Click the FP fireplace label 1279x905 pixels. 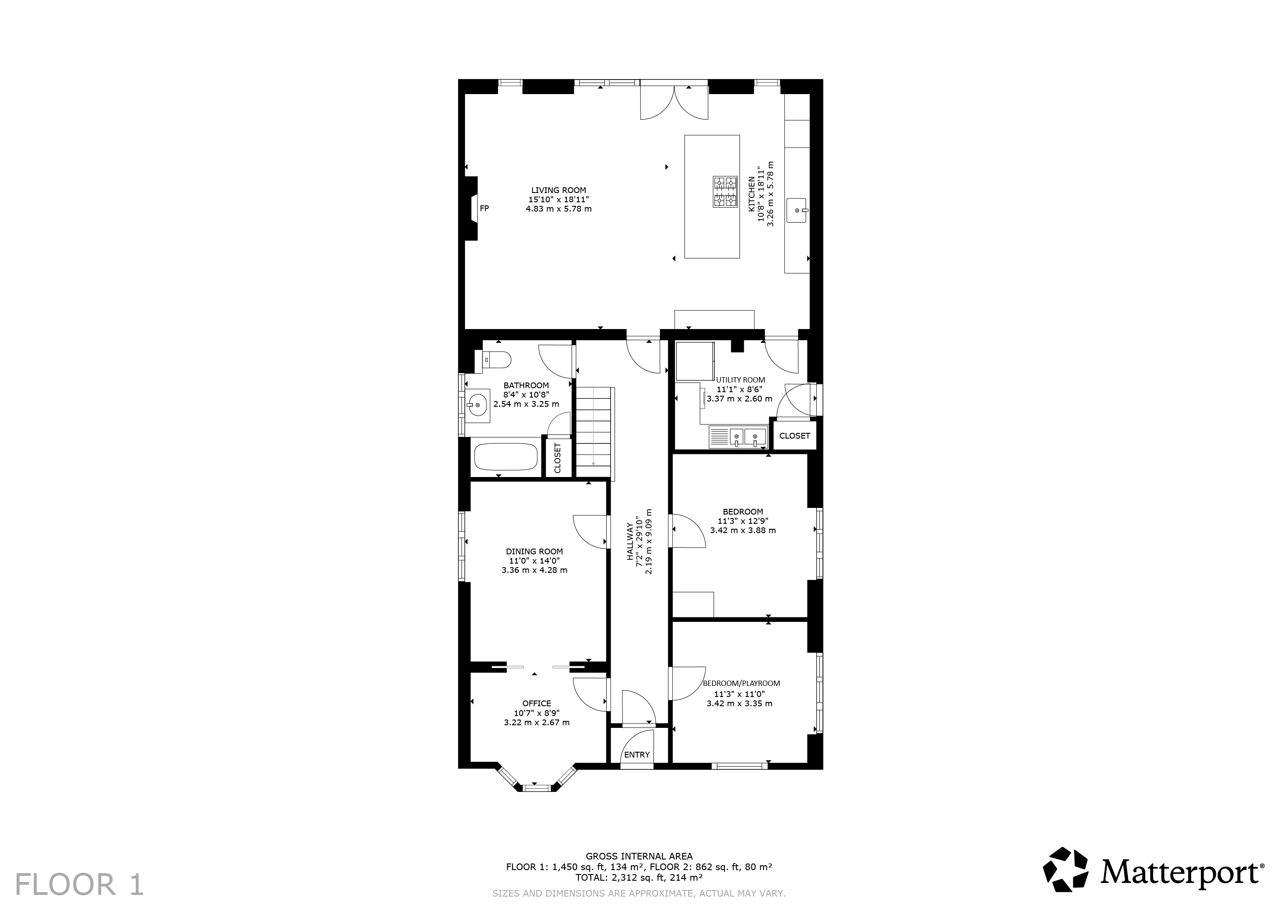click(x=484, y=208)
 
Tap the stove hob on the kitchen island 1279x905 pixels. click(x=725, y=192)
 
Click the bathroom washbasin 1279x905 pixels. click(x=478, y=406)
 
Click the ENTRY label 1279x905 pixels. click(x=637, y=754)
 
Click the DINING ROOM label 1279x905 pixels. click(x=534, y=552)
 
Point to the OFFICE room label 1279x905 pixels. click(x=536, y=703)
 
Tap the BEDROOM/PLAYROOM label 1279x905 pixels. click(x=741, y=683)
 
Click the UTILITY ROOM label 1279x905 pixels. click(x=740, y=380)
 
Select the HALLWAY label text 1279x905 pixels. click(x=630, y=541)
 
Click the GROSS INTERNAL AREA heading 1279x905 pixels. click(x=639, y=856)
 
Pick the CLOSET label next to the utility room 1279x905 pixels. click(x=794, y=436)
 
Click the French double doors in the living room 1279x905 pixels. click(x=674, y=100)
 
